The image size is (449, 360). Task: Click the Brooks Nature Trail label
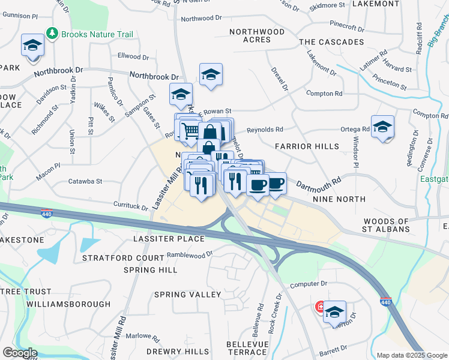[97, 34]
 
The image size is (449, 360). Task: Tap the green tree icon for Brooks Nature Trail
[53, 34]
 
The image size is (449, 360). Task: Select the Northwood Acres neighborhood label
[256, 35]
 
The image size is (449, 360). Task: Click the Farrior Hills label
[307, 146]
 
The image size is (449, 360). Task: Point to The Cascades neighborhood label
[331, 42]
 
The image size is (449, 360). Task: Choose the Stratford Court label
[123, 258]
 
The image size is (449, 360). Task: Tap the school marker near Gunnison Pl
[32, 46]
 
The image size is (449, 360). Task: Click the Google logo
[20, 353]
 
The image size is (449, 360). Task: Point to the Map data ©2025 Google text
[411, 355]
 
